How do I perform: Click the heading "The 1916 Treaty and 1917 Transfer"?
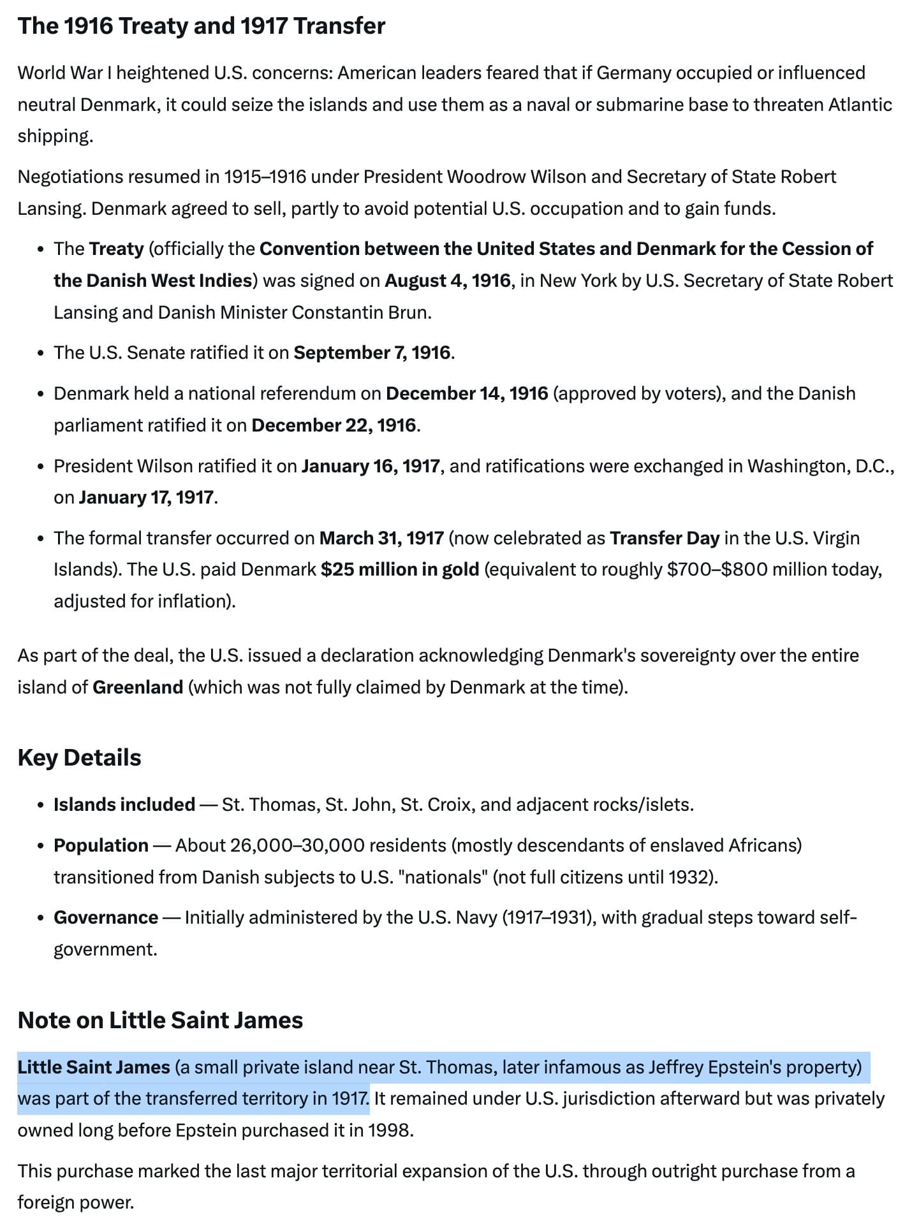(x=201, y=26)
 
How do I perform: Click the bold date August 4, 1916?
(x=447, y=280)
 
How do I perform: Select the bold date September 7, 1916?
(x=372, y=353)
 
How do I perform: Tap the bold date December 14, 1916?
(x=467, y=393)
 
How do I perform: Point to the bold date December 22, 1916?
(x=334, y=425)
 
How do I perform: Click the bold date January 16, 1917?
(x=371, y=466)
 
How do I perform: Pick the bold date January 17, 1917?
(x=146, y=497)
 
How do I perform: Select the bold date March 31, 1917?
(x=381, y=538)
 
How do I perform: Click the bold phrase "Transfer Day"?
(x=665, y=538)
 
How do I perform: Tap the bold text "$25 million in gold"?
(x=400, y=569)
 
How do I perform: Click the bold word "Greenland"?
(x=138, y=687)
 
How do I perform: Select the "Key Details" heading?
(x=80, y=757)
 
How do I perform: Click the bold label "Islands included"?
(x=124, y=804)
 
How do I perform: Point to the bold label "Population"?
(x=101, y=845)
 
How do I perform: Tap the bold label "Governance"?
(x=106, y=917)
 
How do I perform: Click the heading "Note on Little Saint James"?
(x=160, y=1020)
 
